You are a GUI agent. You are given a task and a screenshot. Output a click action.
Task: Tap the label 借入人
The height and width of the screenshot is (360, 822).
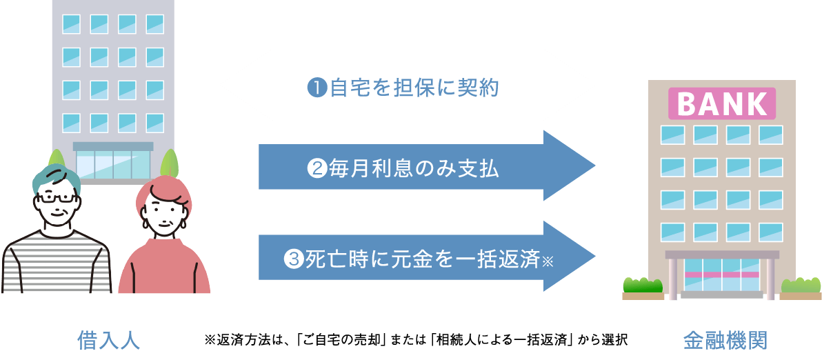[x=108, y=340]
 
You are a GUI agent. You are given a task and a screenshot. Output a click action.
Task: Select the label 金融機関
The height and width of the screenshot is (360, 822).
[x=725, y=340]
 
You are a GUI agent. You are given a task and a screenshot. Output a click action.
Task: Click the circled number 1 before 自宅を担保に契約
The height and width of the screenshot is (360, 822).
[x=317, y=88]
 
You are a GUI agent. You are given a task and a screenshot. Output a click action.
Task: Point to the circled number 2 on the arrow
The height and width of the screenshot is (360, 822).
[x=317, y=168]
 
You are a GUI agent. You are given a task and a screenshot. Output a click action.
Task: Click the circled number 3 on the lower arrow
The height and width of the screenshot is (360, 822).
[x=293, y=258]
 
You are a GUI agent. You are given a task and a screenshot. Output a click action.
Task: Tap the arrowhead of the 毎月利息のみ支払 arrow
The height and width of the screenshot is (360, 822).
[x=570, y=166]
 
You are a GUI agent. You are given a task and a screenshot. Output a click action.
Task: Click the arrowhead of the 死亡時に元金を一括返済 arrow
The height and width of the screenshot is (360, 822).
[x=570, y=257]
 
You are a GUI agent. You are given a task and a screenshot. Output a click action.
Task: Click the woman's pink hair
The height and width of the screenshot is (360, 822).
[x=163, y=191]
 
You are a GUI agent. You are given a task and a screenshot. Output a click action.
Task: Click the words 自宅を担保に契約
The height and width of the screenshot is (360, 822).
[x=414, y=88]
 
